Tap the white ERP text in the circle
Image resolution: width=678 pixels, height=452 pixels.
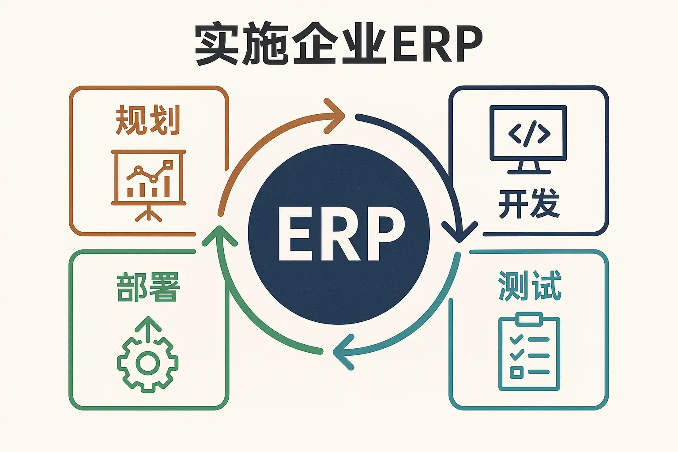pos(341,234)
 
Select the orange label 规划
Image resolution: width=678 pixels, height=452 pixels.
pos(148,120)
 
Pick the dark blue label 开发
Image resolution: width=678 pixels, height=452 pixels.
pos(529,203)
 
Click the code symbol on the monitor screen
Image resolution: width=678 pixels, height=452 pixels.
pos(529,133)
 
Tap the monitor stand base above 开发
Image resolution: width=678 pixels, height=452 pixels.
pos(529,171)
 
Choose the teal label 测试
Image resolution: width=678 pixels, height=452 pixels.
pos(530,286)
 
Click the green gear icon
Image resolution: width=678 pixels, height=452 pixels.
pos(148,363)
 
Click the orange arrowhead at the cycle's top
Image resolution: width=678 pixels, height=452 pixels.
pos(335,116)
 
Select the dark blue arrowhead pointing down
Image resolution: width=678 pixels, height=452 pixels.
pos(460,231)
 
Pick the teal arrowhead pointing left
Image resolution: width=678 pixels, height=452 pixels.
pos(343,352)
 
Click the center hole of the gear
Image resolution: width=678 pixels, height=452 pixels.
pos(148,364)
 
